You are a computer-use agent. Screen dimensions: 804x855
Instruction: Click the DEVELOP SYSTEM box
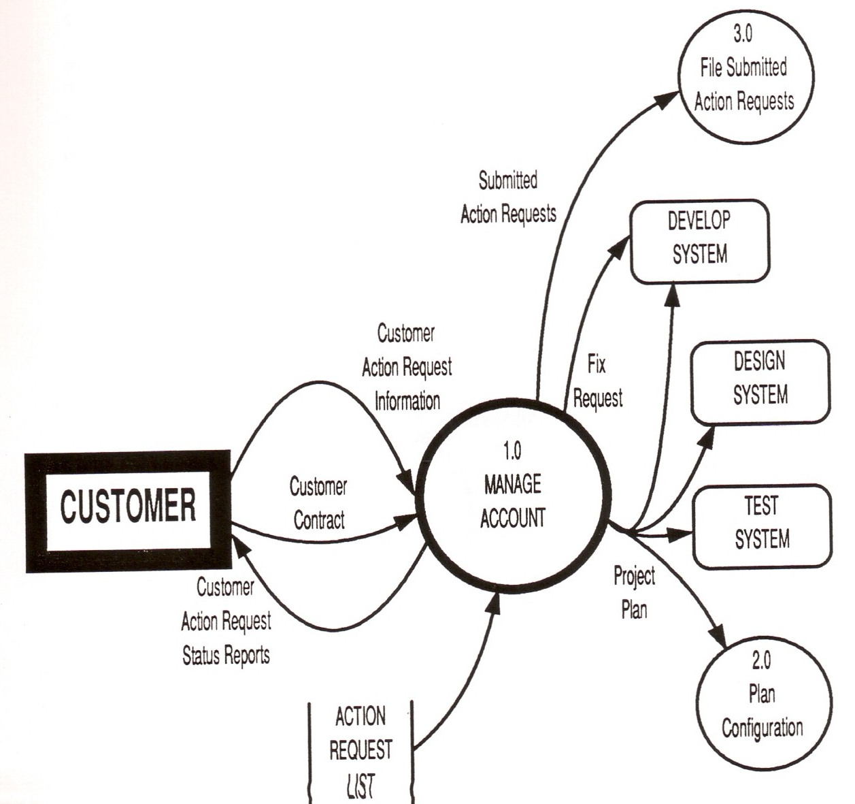tap(699, 241)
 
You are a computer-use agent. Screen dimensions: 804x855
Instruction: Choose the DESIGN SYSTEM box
tap(760, 381)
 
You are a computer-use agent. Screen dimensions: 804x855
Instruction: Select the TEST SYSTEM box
tap(761, 526)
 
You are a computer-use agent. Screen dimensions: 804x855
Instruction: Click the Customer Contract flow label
tap(318, 504)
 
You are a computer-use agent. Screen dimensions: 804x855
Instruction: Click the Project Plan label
tap(634, 592)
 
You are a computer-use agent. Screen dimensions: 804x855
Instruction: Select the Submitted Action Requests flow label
tap(508, 197)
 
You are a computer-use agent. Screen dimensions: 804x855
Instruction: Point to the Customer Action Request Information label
tap(407, 368)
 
